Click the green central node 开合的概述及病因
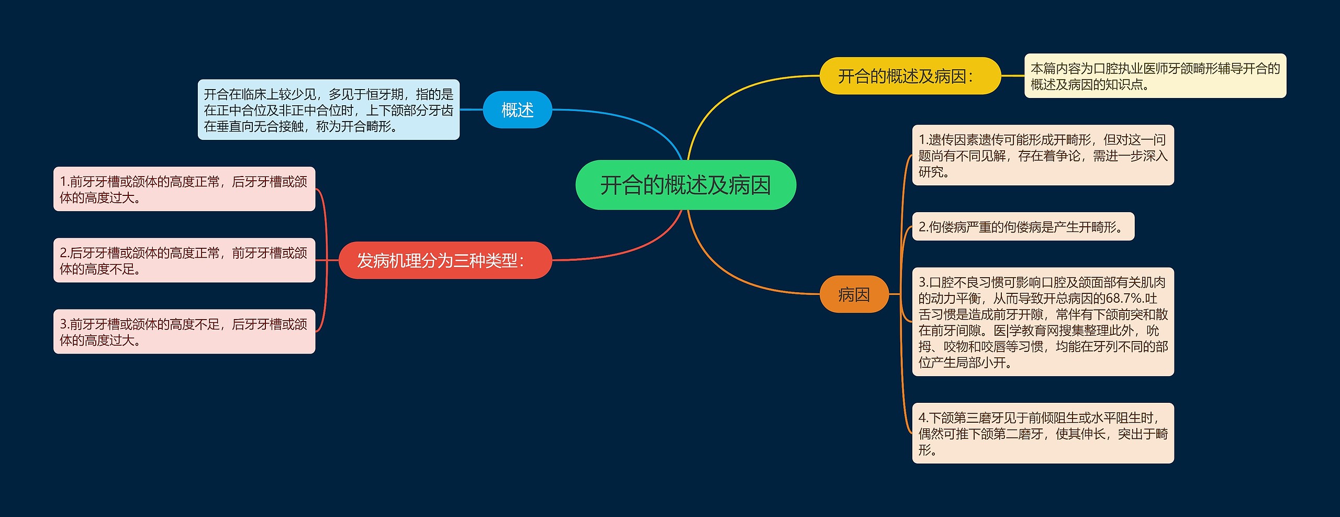point(685,185)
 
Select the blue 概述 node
point(517,110)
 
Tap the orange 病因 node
point(854,294)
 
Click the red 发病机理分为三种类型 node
point(445,260)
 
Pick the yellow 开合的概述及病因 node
point(910,76)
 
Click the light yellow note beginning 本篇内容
point(1155,76)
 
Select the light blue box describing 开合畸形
point(328,110)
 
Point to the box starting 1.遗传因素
point(1043,156)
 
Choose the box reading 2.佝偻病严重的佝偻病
point(1023,227)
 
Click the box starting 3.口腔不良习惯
point(1043,322)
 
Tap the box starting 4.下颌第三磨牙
point(1043,433)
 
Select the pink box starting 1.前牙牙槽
point(184,189)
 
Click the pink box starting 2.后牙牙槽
point(184,260)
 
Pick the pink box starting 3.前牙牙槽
point(184,332)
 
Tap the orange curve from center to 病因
point(733,272)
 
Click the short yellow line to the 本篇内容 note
point(1012,76)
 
